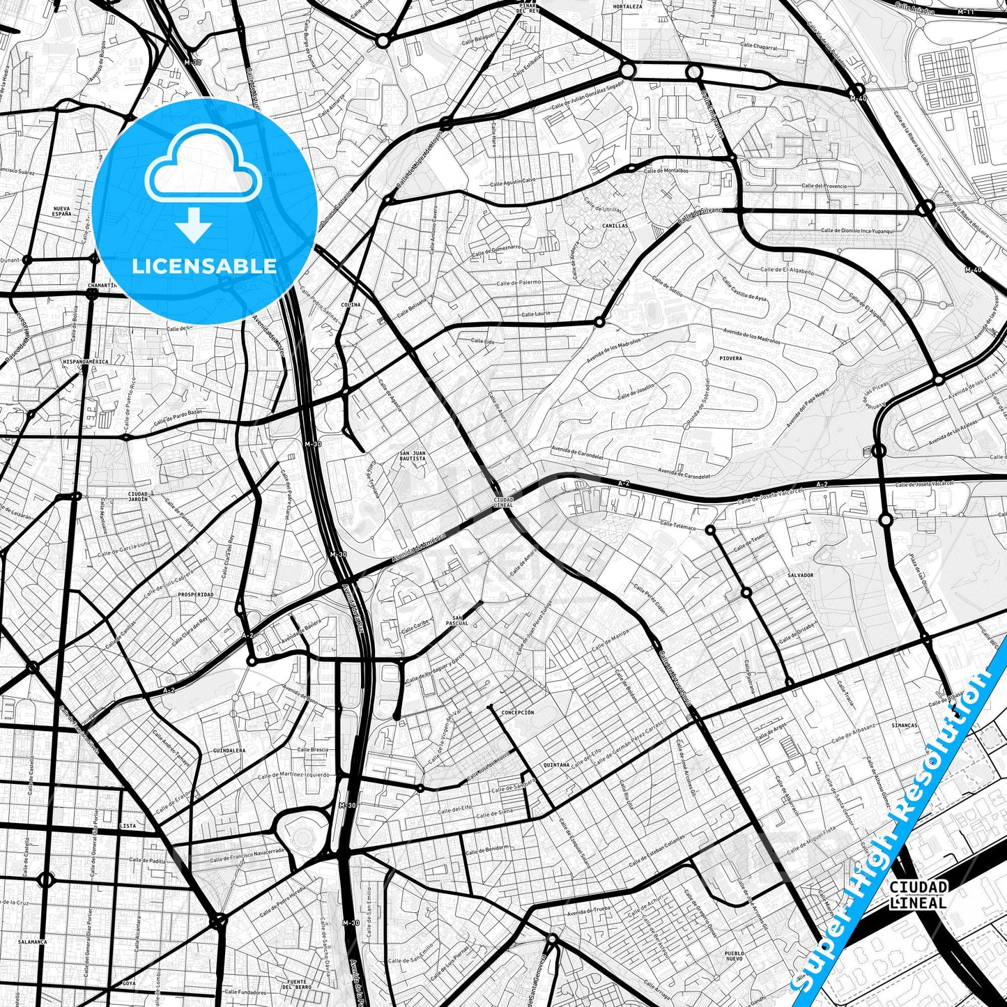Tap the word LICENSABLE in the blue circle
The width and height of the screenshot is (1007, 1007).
point(204,266)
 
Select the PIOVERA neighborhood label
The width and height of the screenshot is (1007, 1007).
point(731,358)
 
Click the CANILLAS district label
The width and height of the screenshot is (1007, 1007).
point(615,226)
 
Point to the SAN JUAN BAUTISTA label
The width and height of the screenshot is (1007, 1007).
point(412,456)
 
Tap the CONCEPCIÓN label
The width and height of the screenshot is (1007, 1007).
point(518,713)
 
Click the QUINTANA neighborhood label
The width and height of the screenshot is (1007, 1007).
point(557,764)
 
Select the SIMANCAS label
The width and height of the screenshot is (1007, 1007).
point(905,725)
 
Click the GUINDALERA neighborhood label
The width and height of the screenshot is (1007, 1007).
point(230,751)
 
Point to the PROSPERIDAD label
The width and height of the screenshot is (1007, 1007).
point(196,594)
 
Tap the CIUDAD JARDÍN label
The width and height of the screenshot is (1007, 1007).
point(138,497)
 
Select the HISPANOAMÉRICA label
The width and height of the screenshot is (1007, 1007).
point(86,362)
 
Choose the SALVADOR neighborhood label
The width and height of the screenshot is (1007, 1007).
point(800,575)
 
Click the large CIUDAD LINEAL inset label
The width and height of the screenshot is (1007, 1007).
point(918,895)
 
